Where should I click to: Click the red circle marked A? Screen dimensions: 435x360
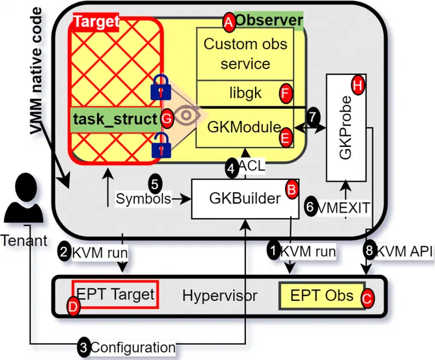pyautogui.click(x=228, y=22)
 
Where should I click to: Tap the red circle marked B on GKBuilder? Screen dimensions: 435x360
pyautogui.click(x=292, y=190)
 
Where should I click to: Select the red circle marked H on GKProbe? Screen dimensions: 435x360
pyautogui.click(x=358, y=85)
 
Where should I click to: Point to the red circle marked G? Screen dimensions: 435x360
pyautogui.click(x=167, y=119)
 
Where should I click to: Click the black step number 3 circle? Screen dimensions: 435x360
pyautogui.click(x=84, y=347)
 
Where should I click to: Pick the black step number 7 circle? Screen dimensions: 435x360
pyautogui.click(x=313, y=117)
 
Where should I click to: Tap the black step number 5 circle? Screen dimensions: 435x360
pyautogui.click(x=155, y=184)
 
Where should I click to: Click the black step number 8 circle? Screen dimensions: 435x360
pyautogui.click(x=370, y=251)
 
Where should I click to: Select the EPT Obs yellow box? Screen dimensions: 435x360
pyautogui.click(x=322, y=295)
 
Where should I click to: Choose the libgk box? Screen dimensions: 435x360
pyautogui.click(x=245, y=93)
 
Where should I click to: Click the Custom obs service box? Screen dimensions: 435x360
pyautogui.click(x=245, y=54)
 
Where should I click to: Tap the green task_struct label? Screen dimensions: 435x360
pyautogui.click(x=115, y=120)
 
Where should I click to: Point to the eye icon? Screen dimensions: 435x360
pyautogui.click(x=187, y=115)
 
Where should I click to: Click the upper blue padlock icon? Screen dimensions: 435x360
pyautogui.click(x=161, y=87)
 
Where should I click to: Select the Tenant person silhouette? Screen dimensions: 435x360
pyautogui.click(x=24, y=198)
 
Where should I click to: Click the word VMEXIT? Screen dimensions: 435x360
pyautogui.click(x=343, y=208)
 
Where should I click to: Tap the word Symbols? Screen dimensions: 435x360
pyautogui.click(x=143, y=199)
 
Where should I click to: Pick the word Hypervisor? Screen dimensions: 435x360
pyautogui.click(x=220, y=295)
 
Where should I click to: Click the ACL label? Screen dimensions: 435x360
pyautogui.click(x=251, y=166)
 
